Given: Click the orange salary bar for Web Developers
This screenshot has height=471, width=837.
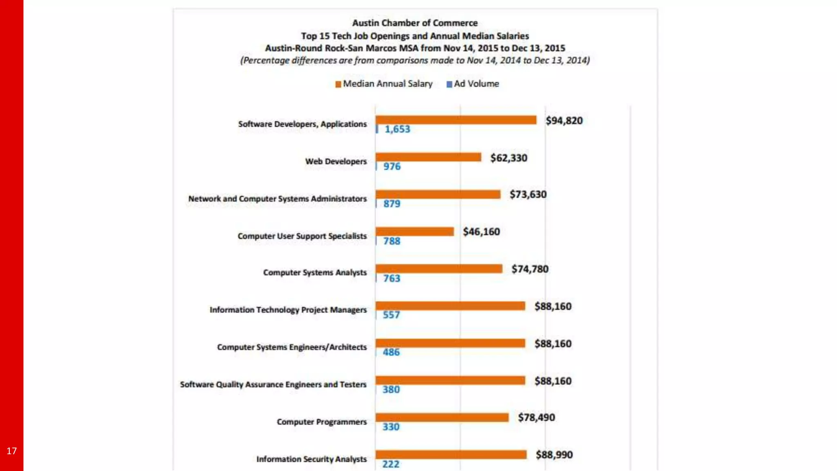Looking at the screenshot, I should (x=428, y=157).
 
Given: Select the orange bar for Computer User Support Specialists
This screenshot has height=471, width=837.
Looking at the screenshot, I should (x=414, y=231).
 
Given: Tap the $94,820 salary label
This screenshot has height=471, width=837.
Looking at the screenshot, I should (x=564, y=121).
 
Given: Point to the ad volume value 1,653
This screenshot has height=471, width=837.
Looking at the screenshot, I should (x=397, y=129).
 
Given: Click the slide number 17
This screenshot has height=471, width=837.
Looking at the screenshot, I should (x=11, y=451).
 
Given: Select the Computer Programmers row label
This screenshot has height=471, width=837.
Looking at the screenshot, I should (x=322, y=422).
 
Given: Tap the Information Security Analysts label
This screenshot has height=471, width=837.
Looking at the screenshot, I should (x=311, y=459).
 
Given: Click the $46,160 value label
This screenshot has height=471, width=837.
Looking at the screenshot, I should (x=481, y=232).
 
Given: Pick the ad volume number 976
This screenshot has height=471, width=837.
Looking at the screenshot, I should (x=392, y=166).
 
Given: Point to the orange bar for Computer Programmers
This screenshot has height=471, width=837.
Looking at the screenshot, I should (x=442, y=417).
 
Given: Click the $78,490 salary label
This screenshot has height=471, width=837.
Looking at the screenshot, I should (x=536, y=417).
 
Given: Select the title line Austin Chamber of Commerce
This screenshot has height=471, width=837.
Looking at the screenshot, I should (x=415, y=23).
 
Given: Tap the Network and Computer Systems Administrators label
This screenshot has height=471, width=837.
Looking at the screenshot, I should (x=278, y=199).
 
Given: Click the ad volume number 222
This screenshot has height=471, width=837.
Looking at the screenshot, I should (x=391, y=464).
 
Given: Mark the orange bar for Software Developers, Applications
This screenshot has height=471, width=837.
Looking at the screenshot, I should (x=456, y=120).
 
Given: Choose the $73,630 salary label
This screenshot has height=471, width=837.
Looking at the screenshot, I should (x=528, y=194).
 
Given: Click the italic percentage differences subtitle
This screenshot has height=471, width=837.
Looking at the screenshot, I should (x=415, y=61).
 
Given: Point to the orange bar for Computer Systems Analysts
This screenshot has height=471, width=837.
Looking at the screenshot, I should (x=439, y=269).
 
